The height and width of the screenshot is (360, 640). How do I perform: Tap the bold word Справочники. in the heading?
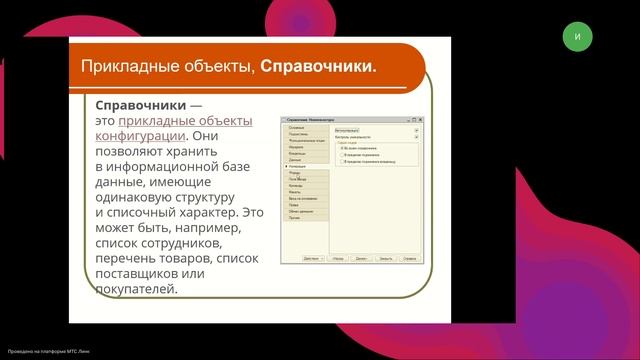pyautogui.click(x=318, y=67)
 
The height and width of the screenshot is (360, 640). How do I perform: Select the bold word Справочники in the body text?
pyautogui.click(x=136, y=105)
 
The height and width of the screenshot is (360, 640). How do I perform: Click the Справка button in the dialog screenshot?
pyautogui.click(x=410, y=257)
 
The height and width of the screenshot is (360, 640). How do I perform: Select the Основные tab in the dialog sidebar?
pyautogui.click(x=297, y=128)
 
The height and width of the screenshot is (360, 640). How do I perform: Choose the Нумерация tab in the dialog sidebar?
pyautogui.click(x=299, y=166)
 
